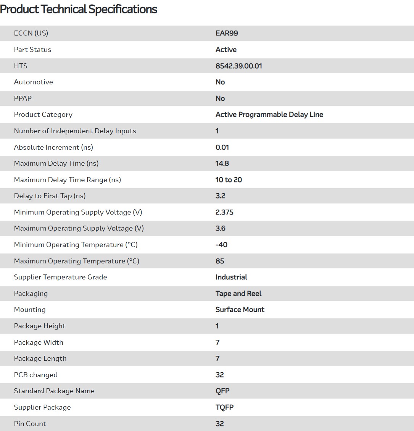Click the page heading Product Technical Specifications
[79, 9]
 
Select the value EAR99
[227, 33]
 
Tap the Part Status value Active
[226, 50]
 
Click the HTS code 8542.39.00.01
[238, 66]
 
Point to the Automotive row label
[33, 82]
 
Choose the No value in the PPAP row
[220, 98]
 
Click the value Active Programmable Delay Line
[269, 115]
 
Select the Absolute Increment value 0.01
[222, 147]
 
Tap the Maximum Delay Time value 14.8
[222, 163]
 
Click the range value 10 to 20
[229, 180]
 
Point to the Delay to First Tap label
[50, 196]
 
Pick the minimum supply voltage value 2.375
[224, 212]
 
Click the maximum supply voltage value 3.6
[220, 228]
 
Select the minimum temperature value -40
[221, 245]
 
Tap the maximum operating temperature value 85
[220, 261]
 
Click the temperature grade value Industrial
[231, 277]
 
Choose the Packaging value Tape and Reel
[238, 294]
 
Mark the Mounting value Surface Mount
[240, 310]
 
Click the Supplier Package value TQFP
[224, 407]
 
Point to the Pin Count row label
[30, 424]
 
